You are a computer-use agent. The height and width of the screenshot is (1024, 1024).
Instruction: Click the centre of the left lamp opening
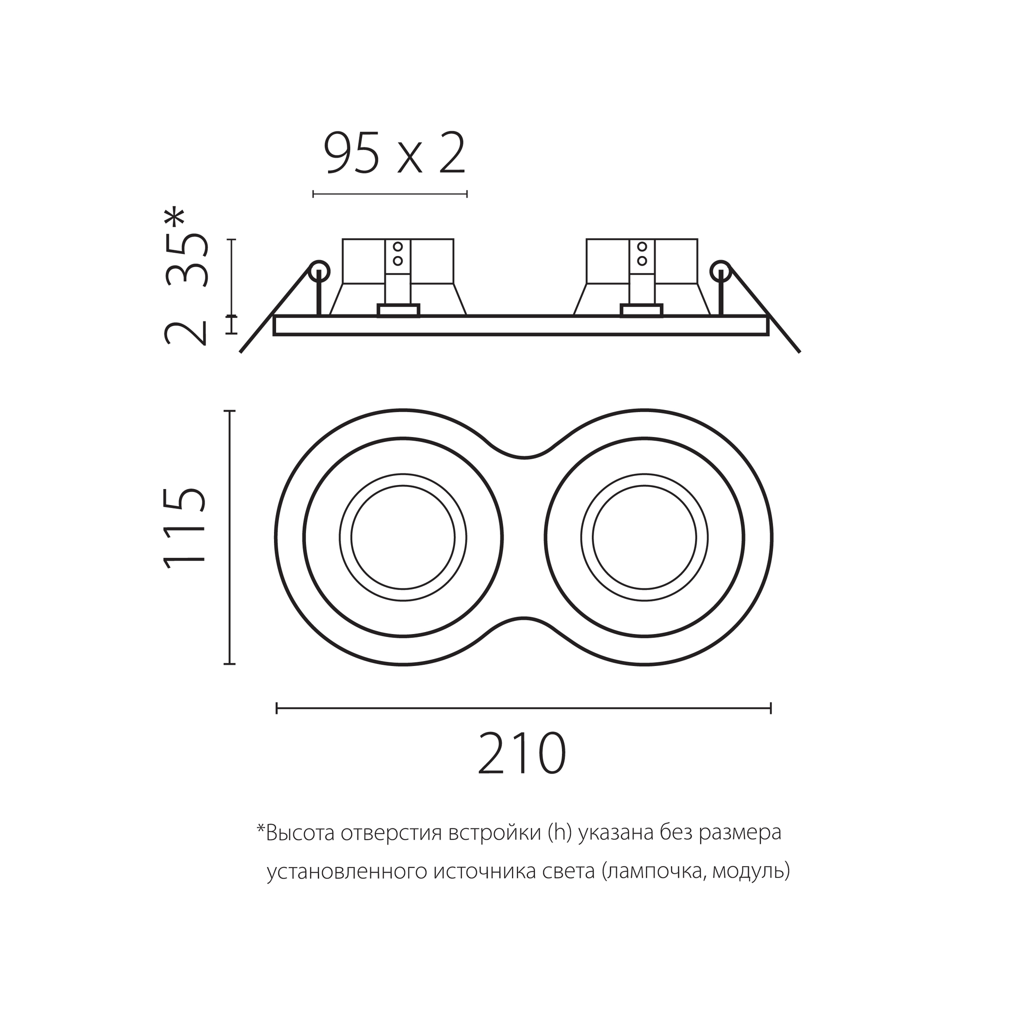[x=403, y=537]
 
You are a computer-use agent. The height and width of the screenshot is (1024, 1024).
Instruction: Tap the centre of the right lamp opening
[x=644, y=537]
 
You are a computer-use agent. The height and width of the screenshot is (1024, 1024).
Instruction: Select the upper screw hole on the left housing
[x=398, y=246]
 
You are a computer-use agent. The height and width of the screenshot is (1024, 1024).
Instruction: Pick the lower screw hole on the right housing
[x=642, y=261]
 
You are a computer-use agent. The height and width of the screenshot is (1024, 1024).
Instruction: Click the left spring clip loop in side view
[x=319, y=271]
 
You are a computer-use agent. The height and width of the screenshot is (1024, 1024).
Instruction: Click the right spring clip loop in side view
[x=720, y=271]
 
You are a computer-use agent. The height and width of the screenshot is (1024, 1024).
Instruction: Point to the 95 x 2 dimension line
[x=390, y=194]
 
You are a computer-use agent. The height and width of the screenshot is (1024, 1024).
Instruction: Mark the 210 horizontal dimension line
[x=523, y=708]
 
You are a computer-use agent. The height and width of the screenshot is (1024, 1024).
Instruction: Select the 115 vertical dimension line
[x=229, y=536]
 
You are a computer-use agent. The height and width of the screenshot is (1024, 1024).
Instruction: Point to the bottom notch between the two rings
[x=523, y=619]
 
